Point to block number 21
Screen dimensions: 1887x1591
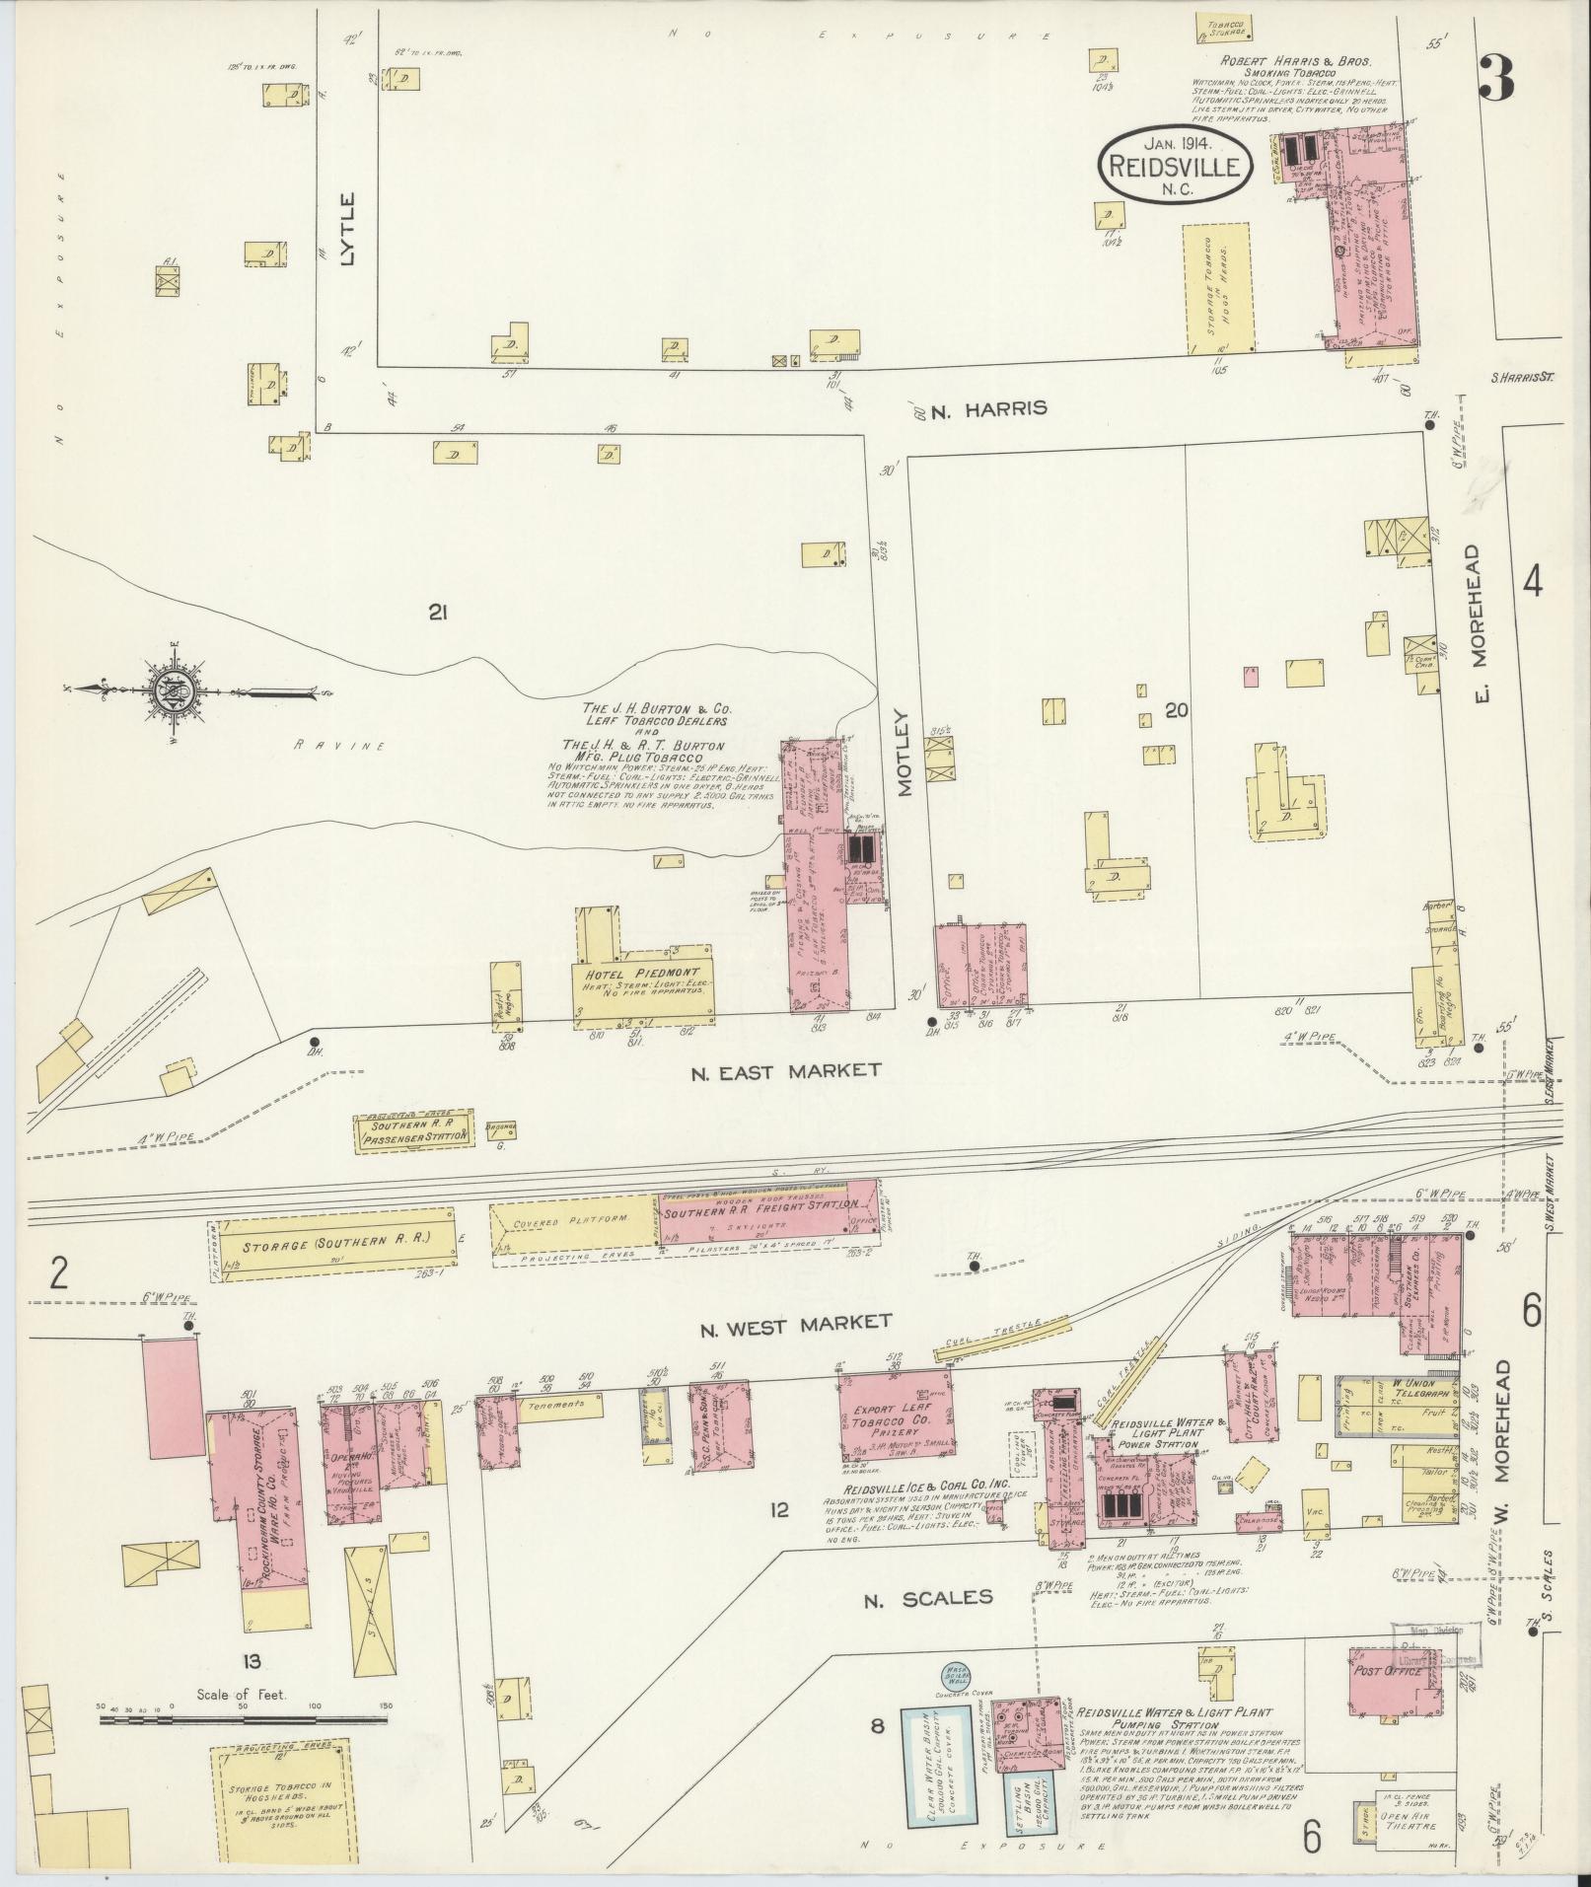click(438, 614)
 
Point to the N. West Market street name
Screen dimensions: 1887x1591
click(796, 1323)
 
